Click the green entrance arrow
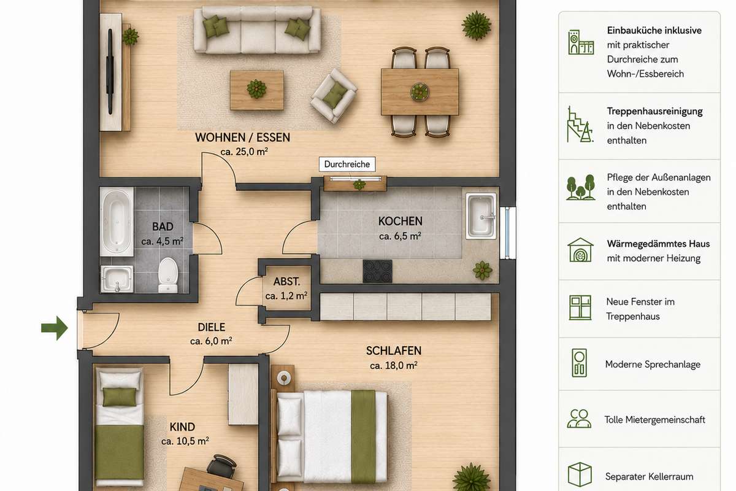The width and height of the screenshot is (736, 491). pos(55,328)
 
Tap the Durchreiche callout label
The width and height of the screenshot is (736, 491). pos(347,164)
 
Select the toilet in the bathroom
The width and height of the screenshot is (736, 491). pos(168,275)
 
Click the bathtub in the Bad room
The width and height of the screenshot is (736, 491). pos(117,222)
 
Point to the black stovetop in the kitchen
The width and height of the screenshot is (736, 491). pos(378,271)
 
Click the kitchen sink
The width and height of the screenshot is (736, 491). pos(481,216)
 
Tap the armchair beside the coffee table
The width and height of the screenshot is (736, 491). pos(334,95)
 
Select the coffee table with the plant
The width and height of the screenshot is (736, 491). pos(256,90)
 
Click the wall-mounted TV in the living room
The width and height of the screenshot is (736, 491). pos(110,72)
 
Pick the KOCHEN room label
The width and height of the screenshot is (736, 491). pos(400,222)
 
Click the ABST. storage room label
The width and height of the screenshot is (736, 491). pos(286,282)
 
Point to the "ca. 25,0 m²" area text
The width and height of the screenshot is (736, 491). pos(244,152)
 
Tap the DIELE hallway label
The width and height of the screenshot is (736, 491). pos(212,327)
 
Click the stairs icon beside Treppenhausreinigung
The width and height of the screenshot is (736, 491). pos(580,125)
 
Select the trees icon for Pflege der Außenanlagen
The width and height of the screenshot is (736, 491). pos(581,187)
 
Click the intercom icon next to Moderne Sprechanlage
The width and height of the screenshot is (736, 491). pos(579,363)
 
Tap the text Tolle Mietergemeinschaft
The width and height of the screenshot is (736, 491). pos(654,420)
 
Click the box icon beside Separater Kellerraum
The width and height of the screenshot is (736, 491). pos(580,474)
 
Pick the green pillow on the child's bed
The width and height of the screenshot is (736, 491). pos(119,397)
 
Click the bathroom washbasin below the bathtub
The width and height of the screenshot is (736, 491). pos(117,279)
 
